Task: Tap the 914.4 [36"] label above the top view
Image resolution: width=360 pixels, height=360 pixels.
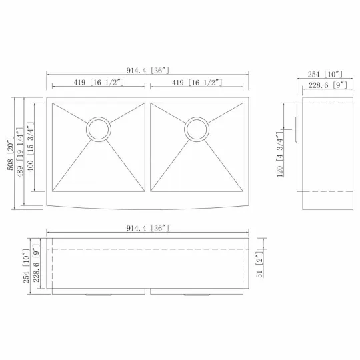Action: tap(147, 70)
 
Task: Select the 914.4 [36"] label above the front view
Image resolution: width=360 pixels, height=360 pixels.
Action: tap(147, 228)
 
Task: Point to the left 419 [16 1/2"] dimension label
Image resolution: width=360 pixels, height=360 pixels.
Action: tap(99, 83)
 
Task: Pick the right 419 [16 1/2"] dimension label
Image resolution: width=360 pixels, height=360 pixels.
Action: tap(197, 83)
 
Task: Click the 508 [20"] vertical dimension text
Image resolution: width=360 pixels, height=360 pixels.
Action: tap(11, 153)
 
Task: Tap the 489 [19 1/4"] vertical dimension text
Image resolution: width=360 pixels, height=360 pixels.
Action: tap(20, 153)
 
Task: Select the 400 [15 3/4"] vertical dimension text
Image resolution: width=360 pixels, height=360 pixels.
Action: tap(30, 147)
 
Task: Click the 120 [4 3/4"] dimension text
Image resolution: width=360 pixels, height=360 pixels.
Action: tap(279, 155)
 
